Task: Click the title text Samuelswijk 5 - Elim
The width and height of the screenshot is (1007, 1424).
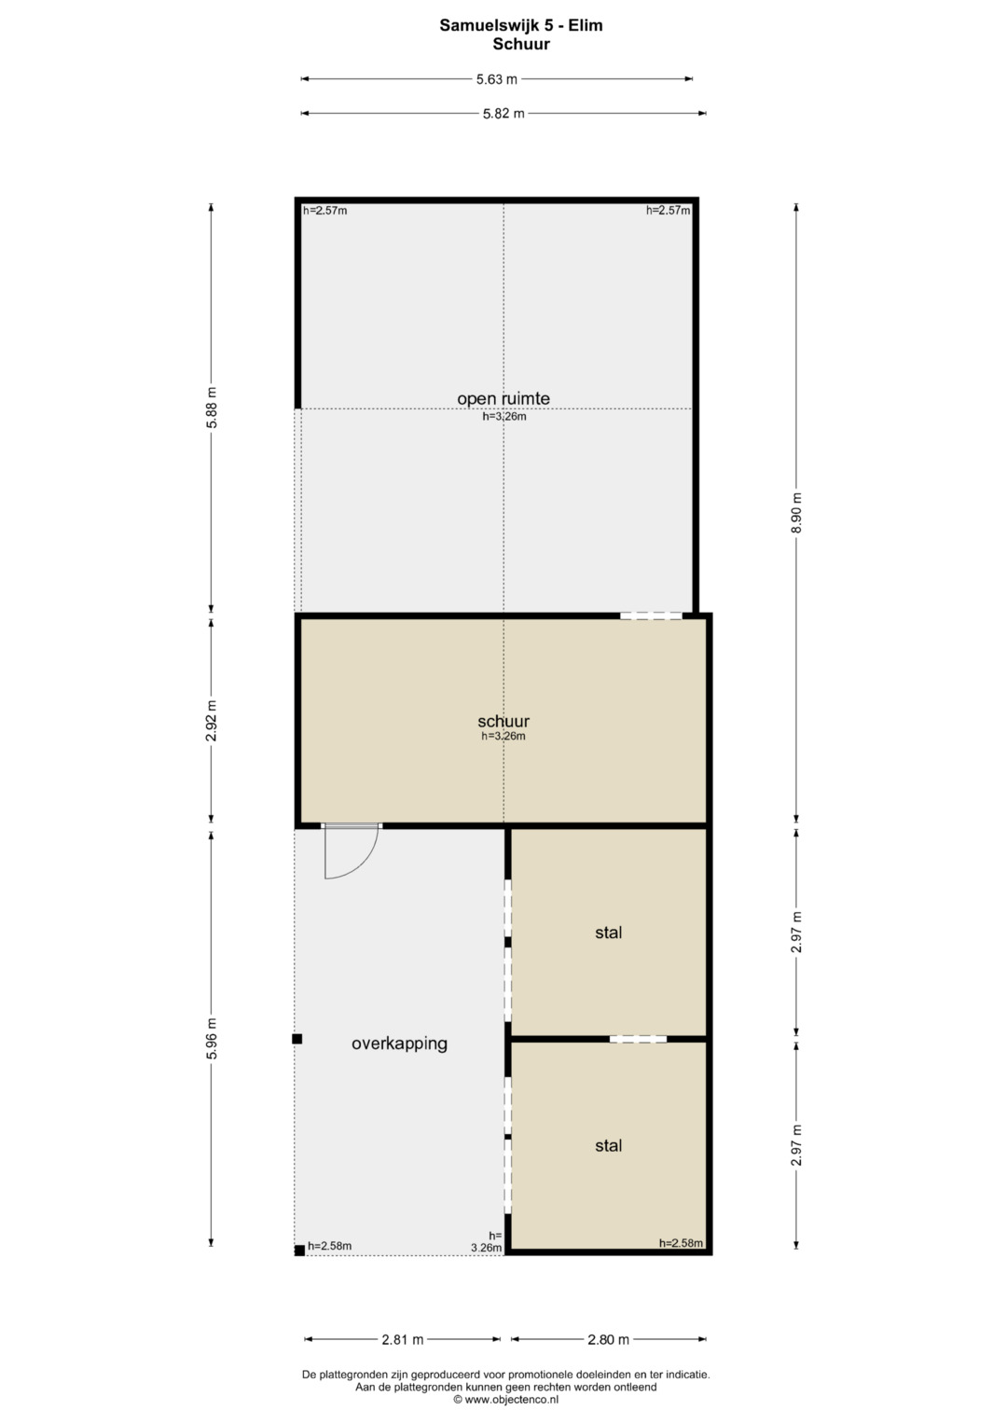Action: pos(520,25)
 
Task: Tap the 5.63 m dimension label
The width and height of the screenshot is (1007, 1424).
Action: pos(496,79)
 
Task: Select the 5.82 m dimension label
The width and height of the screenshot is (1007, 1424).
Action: pos(504,114)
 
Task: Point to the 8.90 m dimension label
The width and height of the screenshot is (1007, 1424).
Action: pos(796,512)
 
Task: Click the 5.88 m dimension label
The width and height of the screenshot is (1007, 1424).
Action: pos(212,408)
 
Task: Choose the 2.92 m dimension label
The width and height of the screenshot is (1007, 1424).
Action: pos(212,720)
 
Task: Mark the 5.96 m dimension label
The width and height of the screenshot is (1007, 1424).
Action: pos(212,1038)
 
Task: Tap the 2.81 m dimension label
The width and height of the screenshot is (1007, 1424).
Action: pos(403,1339)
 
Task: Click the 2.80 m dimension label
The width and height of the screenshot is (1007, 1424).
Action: pos(608,1339)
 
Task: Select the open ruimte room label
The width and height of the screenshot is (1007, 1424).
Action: pos(504,398)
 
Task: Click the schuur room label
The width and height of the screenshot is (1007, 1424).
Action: pos(504,721)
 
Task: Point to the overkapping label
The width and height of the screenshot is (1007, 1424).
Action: pos(399,1044)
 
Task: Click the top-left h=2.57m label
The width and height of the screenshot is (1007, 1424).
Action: pos(324,211)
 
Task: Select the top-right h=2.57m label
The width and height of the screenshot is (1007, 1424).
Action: pos(669,211)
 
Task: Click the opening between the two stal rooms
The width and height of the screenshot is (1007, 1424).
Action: pos(639,1039)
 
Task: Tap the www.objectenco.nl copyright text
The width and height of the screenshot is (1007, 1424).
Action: pos(506,1399)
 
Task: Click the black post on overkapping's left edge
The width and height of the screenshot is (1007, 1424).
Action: pos(297,1039)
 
